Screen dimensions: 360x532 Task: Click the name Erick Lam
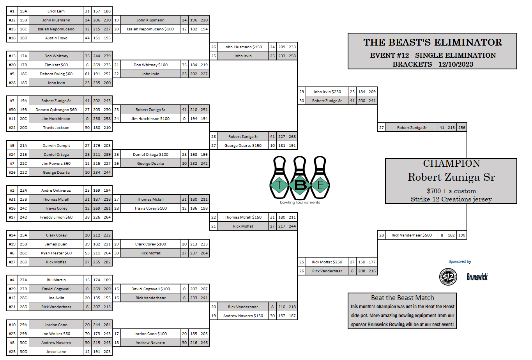click(x=56, y=11)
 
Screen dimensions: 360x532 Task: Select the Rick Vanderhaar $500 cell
click(x=412, y=235)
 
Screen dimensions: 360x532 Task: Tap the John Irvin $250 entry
click(x=327, y=92)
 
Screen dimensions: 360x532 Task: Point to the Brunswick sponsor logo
click(x=477, y=277)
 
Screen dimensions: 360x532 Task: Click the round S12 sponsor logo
click(x=448, y=277)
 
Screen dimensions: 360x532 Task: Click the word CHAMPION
click(x=451, y=164)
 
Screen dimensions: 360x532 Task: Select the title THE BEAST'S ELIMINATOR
click(x=432, y=42)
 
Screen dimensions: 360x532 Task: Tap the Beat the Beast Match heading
click(x=402, y=298)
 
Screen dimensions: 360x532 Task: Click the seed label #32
click(x=12, y=20)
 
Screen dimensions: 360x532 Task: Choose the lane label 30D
click(x=23, y=352)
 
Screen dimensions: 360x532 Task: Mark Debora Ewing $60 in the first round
click(x=56, y=74)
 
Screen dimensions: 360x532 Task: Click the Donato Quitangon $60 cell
click(x=56, y=110)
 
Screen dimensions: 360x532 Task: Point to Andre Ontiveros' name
click(x=56, y=191)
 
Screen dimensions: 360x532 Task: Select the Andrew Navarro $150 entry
click(x=243, y=316)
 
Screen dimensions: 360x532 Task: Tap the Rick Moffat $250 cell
click(x=327, y=262)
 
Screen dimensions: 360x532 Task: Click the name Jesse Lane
click(x=56, y=352)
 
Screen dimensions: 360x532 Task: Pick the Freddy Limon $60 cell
click(x=56, y=217)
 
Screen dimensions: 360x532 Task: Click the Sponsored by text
click(x=460, y=262)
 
